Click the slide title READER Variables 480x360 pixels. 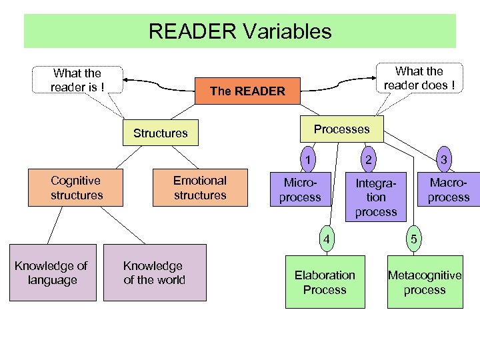[x=240, y=31]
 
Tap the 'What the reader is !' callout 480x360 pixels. [x=77, y=80]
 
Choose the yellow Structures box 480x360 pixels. [x=161, y=133]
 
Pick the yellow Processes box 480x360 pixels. [x=341, y=129]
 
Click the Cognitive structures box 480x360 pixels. [x=76, y=188]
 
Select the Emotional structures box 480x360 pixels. [x=199, y=188]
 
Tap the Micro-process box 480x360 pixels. [x=300, y=190]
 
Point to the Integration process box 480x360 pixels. [x=376, y=197]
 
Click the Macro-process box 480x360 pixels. [x=449, y=190]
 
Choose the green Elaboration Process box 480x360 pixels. [x=325, y=282]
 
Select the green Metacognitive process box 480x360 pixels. [x=425, y=282]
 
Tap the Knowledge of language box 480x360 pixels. [x=52, y=273]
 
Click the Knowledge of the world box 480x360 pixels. [x=154, y=273]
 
